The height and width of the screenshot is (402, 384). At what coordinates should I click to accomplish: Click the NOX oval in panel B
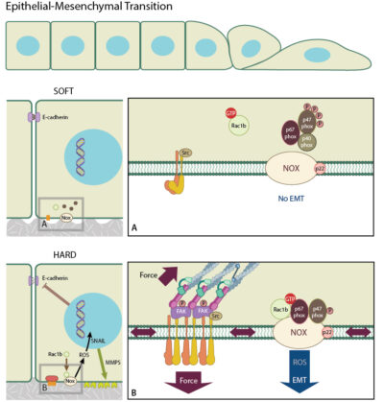point(302,329)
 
